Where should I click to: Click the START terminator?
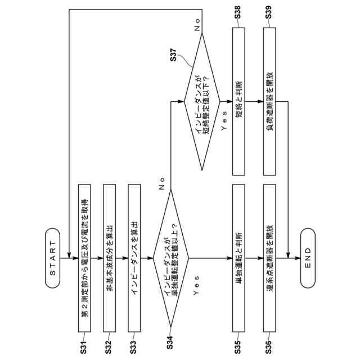click(x=53, y=258)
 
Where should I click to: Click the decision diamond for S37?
click(x=202, y=101)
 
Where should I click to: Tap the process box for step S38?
click(x=238, y=101)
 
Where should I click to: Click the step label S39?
click(x=269, y=15)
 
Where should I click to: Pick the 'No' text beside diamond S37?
click(x=197, y=24)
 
